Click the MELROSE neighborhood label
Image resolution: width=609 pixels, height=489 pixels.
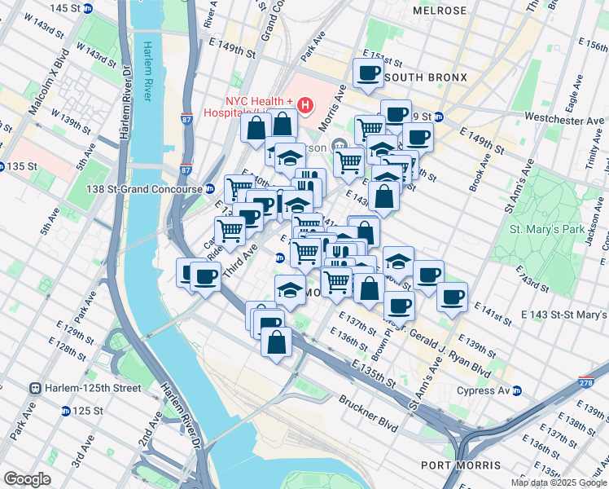pyautogui.click(x=440, y=11)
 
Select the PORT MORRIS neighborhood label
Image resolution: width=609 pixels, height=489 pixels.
pyautogui.click(x=461, y=465)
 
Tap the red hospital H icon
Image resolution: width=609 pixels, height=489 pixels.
pyautogui.click(x=305, y=104)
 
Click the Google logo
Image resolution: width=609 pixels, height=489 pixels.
pyautogui.click(x=27, y=479)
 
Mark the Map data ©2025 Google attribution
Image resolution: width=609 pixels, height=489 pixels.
pyautogui.click(x=559, y=482)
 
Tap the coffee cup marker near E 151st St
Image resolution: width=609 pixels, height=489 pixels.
pyautogui.click(x=369, y=74)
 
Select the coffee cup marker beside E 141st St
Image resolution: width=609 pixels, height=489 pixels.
pyautogui.click(x=452, y=297)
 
